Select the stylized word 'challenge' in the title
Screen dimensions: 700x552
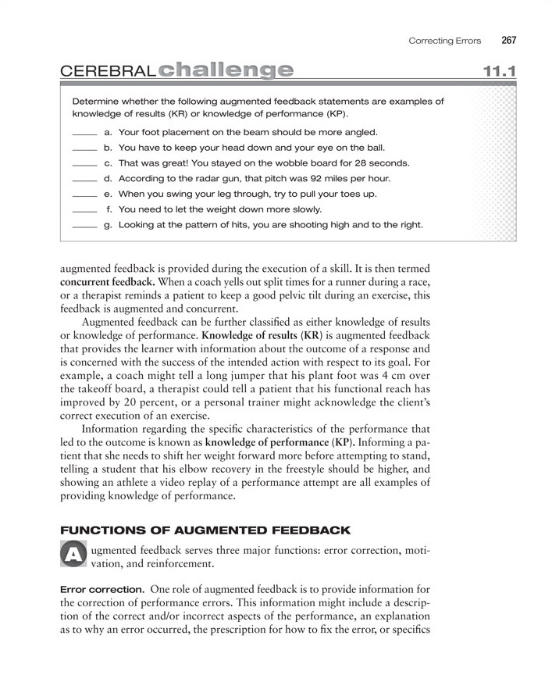225,71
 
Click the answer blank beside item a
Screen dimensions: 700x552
84,133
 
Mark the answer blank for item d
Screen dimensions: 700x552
84,179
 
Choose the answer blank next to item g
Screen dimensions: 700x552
84,226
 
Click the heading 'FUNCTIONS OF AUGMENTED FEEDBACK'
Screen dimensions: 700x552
205,530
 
